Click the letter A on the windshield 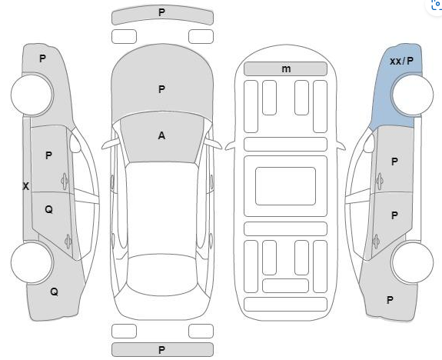[161, 135]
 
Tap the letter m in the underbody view [286, 68]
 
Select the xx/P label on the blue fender [401, 61]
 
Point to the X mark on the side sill [25, 186]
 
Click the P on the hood [161, 89]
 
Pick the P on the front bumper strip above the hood [161, 12]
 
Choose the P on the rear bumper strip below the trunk [161, 350]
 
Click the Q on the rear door [48, 209]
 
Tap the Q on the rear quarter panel [54, 292]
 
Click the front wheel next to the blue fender [412, 95]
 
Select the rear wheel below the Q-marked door [32, 262]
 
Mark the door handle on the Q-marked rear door [68, 242]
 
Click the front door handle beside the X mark [65, 181]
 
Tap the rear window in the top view [162, 275]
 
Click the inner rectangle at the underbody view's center [285, 186]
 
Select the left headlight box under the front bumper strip [124, 37]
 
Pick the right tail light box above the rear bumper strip [201, 332]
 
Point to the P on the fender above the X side [42, 58]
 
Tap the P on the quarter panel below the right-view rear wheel [390, 300]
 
